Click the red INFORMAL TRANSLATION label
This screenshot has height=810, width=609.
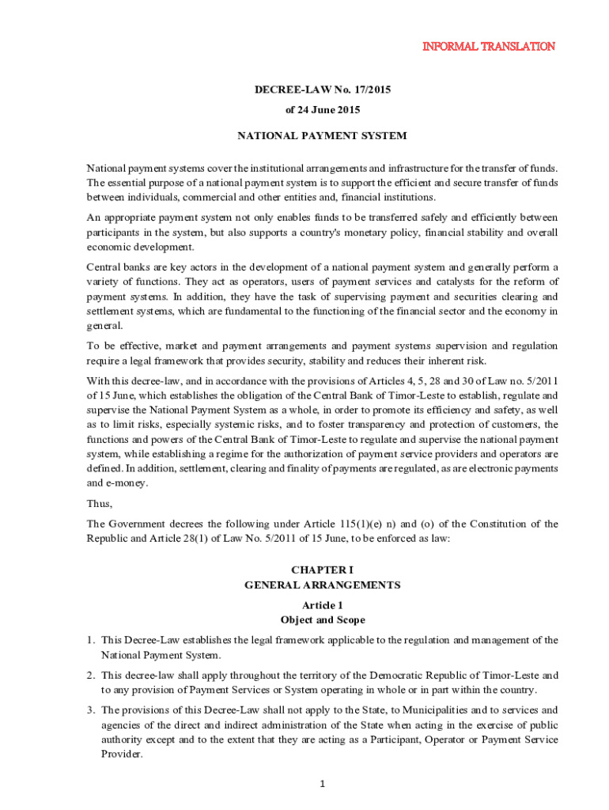click(x=487, y=46)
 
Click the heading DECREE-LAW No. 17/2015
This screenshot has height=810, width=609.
click(x=322, y=90)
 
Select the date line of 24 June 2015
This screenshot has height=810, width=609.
click(x=322, y=110)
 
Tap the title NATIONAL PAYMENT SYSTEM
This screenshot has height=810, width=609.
click(x=322, y=135)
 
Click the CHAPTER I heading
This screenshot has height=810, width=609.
click(x=322, y=570)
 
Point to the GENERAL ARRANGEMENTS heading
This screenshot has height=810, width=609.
click(x=322, y=585)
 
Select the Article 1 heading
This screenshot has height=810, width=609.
click(x=322, y=605)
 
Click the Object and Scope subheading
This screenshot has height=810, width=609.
click(x=322, y=620)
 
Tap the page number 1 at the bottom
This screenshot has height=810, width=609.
click(x=323, y=784)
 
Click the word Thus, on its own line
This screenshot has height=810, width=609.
click(x=99, y=503)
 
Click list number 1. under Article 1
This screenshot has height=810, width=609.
click(x=92, y=640)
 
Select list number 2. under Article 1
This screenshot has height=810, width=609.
click(x=92, y=675)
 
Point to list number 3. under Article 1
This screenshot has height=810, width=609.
click(x=92, y=710)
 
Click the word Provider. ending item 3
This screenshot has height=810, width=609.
click(x=122, y=754)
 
